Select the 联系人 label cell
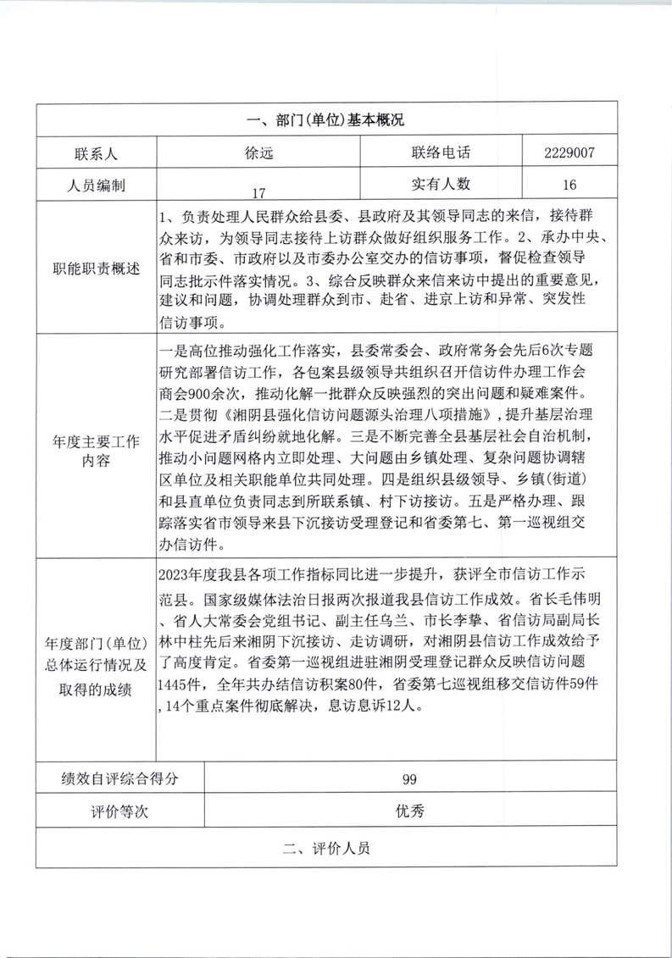(94, 153)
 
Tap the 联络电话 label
(441, 153)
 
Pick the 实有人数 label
(441, 184)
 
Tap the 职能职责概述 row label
(94, 269)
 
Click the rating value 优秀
(410, 811)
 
